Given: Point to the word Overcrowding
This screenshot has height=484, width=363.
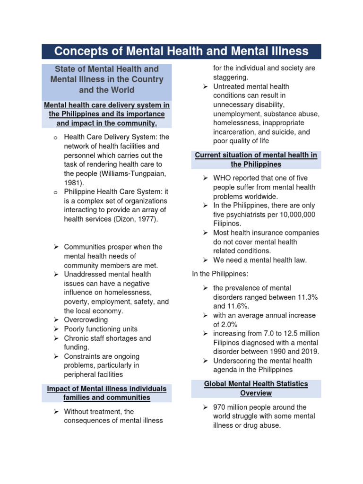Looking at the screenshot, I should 86,320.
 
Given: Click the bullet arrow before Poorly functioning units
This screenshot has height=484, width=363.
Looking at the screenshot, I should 55,329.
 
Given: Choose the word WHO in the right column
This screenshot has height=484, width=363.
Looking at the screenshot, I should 223,178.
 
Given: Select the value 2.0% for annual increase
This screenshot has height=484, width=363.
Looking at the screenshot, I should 229,325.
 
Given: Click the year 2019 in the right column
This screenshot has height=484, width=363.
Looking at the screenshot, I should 310,352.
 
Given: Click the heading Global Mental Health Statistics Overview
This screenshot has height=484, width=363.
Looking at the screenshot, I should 256,389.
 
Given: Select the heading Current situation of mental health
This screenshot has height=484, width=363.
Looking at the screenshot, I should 256,160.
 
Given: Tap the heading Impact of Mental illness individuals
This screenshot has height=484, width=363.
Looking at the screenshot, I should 107,393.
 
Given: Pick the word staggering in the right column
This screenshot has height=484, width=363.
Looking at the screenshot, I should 230,78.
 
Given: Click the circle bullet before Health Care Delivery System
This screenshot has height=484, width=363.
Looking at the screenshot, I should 55,138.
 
